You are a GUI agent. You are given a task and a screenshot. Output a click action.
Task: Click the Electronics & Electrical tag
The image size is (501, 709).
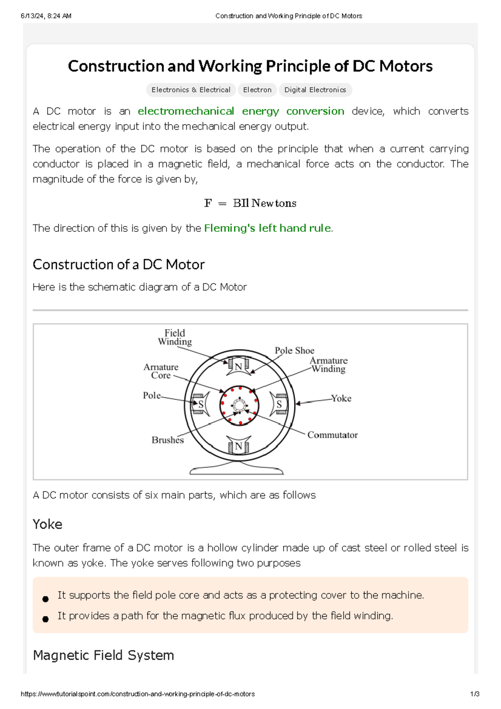(191, 90)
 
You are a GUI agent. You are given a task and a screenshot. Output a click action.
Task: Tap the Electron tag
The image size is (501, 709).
(257, 90)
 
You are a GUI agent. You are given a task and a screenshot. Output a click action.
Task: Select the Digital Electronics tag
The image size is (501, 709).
(315, 90)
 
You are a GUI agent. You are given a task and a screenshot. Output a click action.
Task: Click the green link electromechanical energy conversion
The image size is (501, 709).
(241, 111)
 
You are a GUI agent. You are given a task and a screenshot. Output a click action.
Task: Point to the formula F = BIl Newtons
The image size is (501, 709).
(250, 203)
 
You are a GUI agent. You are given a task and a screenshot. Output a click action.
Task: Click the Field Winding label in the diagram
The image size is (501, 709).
(175, 337)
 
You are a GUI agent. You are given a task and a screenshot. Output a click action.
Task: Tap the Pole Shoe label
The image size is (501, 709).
(294, 350)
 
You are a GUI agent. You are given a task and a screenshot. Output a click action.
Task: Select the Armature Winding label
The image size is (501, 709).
(329, 365)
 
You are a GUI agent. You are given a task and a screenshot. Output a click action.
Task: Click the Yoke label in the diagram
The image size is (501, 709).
(342, 398)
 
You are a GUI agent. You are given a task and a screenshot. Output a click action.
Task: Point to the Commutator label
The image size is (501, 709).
(332, 435)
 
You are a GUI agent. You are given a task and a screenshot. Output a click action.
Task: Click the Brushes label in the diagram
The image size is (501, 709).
(167, 440)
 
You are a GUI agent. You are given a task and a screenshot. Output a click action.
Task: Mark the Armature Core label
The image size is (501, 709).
(161, 371)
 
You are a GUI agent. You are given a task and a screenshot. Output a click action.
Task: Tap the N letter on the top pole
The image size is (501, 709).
(238, 367)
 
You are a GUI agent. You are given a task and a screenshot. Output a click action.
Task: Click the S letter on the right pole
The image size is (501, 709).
(279, 404)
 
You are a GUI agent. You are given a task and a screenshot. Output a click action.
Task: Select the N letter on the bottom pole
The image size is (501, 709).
(238, 446)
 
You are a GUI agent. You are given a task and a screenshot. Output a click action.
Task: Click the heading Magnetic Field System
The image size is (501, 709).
(103, 655)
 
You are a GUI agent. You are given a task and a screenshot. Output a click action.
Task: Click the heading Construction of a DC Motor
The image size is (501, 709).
(119, 264)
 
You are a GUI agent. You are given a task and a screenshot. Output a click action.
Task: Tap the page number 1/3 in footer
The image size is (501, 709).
(475, 694)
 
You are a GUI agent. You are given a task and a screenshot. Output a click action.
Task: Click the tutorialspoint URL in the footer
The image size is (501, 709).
(138, 694)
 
